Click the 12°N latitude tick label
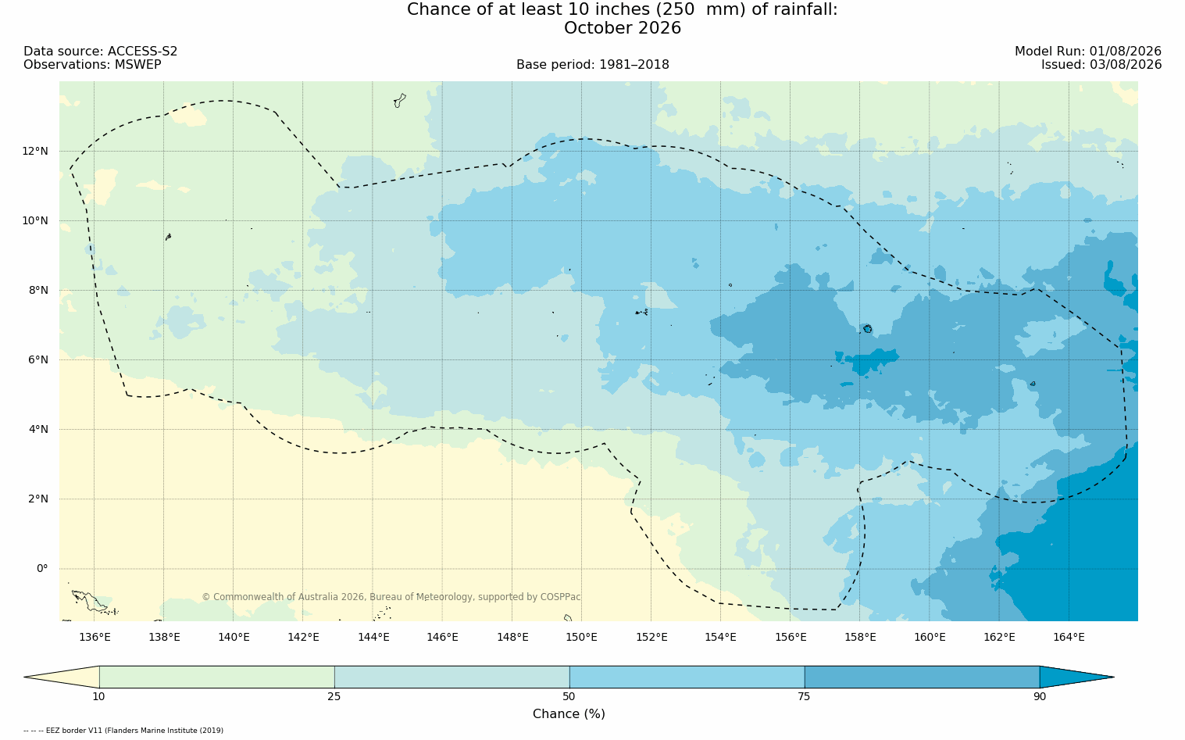35,152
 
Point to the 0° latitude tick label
42,569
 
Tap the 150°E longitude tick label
581,637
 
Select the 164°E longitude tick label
1069,637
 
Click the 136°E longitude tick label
95,637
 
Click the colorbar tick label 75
804,696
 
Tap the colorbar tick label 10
99,696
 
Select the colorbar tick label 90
1040,696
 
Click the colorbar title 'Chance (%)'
569,714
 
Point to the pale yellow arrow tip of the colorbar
25,677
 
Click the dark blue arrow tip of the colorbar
1113,677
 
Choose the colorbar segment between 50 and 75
687,677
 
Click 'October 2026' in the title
622,28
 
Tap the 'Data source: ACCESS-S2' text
101,52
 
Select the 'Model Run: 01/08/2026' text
1087,52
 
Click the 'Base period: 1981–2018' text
592,65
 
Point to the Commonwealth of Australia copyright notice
391,596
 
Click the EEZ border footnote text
123,731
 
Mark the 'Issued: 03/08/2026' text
1101,65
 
